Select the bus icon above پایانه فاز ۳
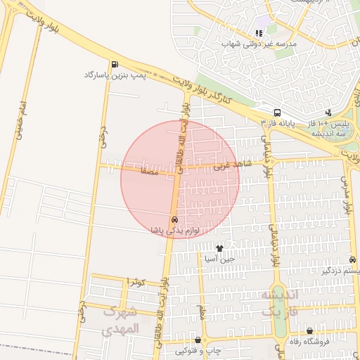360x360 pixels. pos(277,112)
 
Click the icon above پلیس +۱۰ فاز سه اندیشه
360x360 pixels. pos(328,112)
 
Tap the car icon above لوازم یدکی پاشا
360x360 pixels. pos(174,219)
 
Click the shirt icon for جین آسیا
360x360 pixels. pos(220,248)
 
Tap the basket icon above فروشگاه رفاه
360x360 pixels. pos(310,331)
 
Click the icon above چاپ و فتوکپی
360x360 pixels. pos(197,340)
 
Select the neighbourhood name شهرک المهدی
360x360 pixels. pos(121,319)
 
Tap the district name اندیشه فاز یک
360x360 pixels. pos(280,302)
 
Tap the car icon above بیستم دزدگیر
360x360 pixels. pos(352,259)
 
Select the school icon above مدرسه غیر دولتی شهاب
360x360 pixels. pos(259,32)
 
